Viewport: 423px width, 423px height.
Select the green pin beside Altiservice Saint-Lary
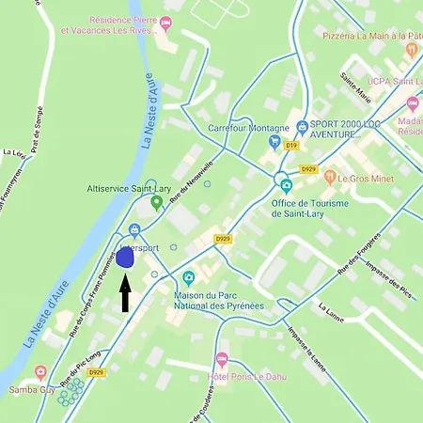point(156,202)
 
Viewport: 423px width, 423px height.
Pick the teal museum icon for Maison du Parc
point(190,277)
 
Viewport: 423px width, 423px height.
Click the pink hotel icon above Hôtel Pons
point(222,359)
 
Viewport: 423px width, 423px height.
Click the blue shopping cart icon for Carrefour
point(274,143)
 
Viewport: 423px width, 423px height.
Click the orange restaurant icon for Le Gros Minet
point(329,177)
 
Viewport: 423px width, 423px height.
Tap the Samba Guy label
point(28,388)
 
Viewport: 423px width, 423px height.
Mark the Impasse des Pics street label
point(385,275)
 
